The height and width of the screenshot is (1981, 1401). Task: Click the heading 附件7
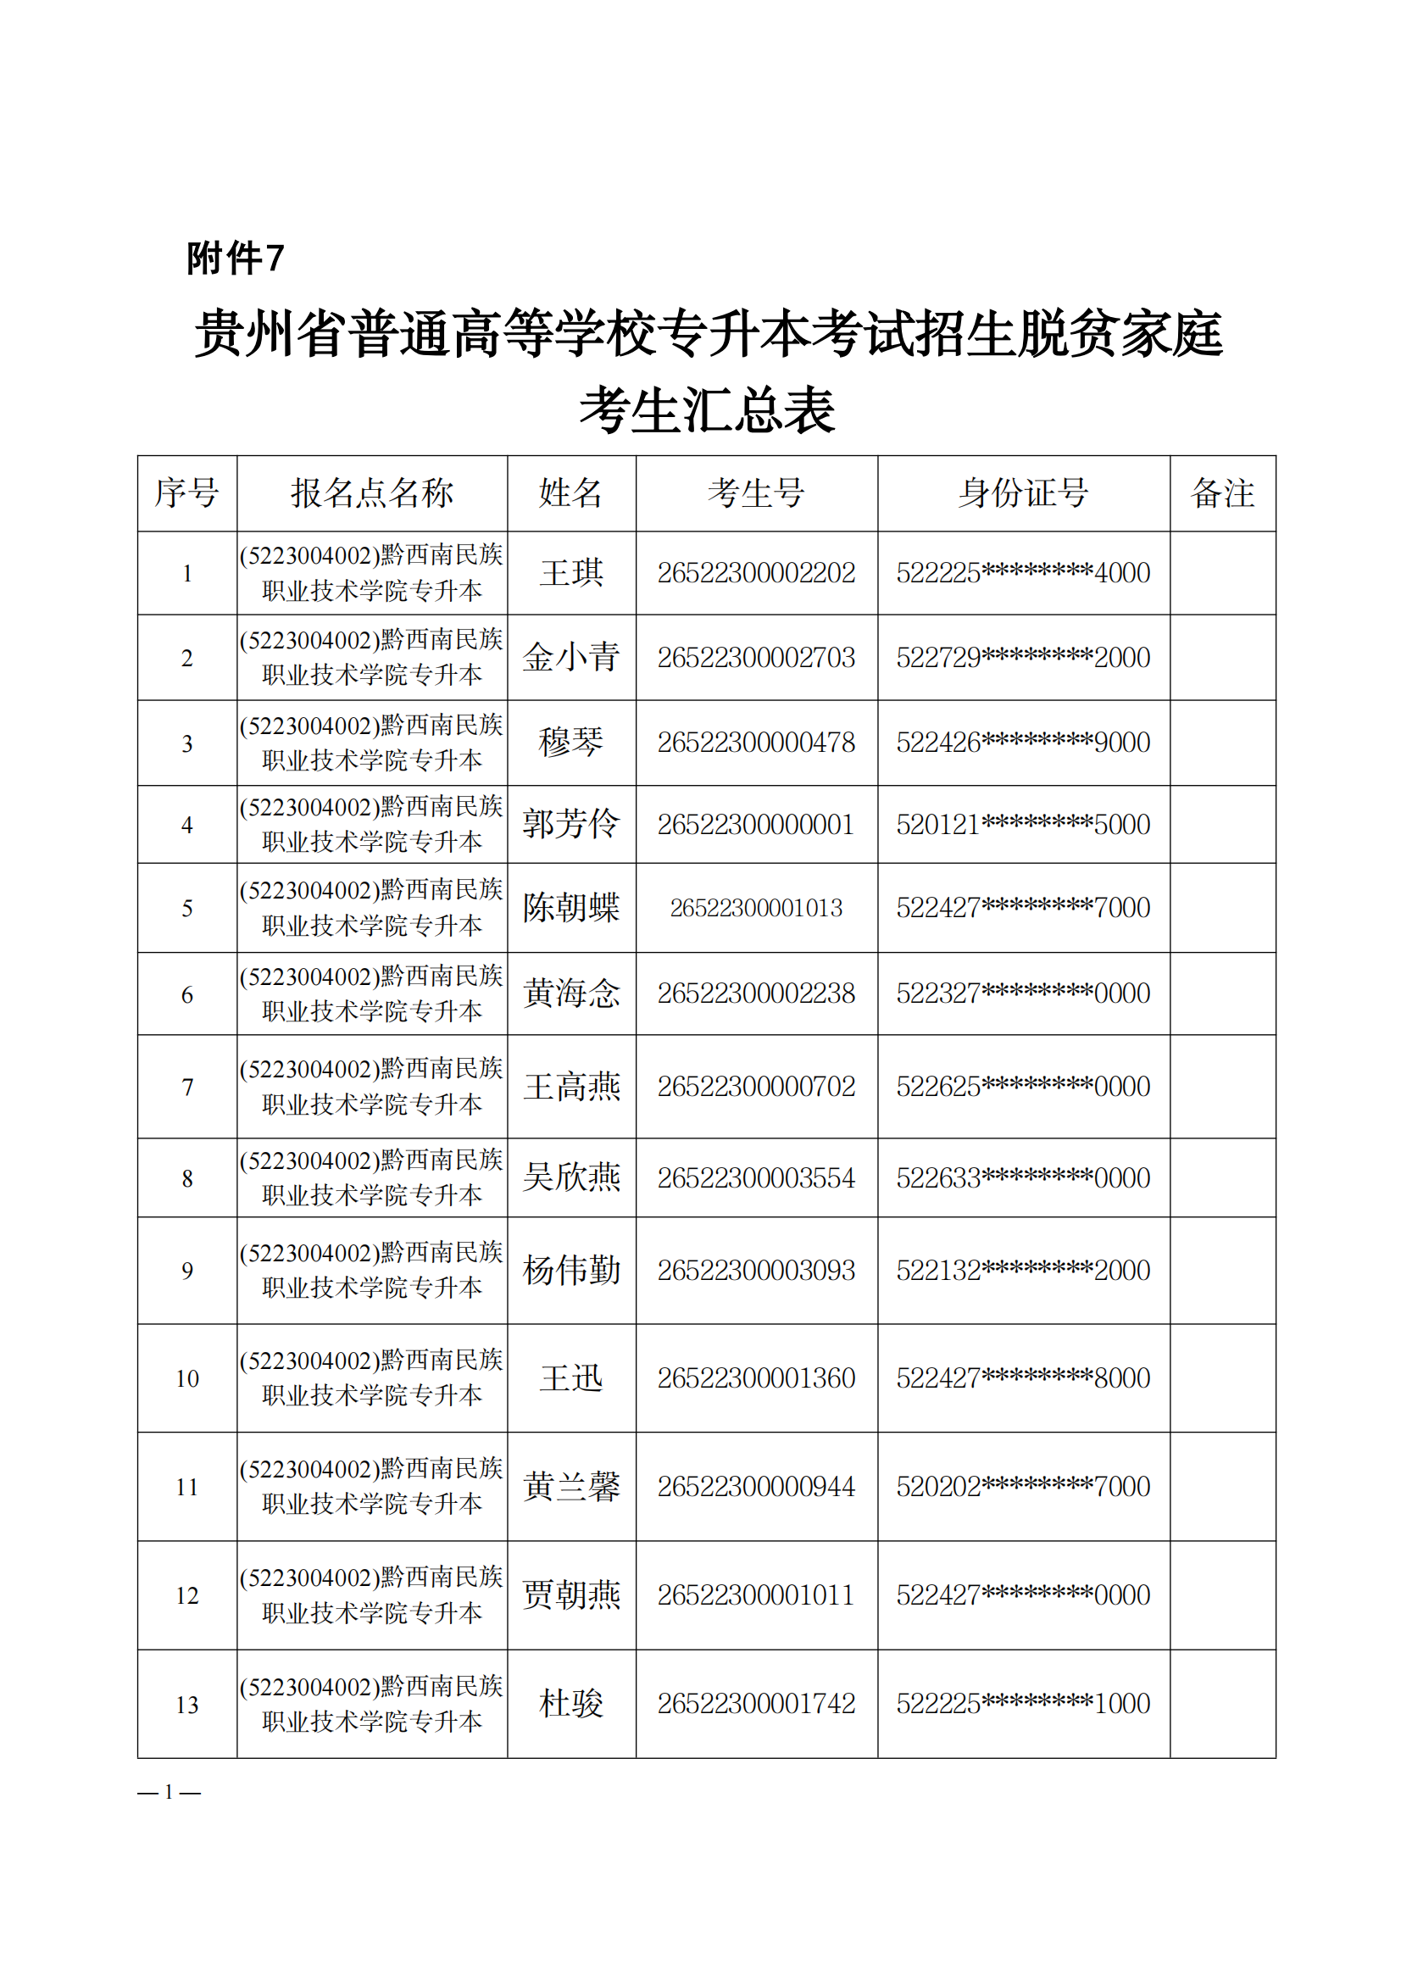point(235,258)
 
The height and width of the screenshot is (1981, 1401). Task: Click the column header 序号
point(186,492)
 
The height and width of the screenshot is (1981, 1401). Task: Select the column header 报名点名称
point(372,492)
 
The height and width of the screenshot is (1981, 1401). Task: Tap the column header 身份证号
point(1023,492)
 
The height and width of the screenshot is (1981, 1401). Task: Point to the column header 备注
point(1221,492)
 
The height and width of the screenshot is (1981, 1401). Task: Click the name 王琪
point(571,573)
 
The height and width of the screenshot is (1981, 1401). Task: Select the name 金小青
point(571,658)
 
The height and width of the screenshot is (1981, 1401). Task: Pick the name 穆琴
point(571,742)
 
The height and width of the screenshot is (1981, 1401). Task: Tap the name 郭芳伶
point(571,824)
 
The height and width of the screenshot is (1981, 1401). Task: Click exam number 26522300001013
point(756,908)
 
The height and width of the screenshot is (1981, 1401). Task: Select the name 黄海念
point(571,993)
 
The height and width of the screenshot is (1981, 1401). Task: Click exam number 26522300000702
point(756,1086)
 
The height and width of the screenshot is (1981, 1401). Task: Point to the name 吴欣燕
point(571,1177)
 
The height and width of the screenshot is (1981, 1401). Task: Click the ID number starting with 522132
point(1023,1270)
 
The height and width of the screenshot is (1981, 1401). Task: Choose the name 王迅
point(571,1378)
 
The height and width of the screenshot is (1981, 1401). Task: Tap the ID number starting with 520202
point(1023,1487)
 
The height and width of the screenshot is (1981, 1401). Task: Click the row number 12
point(187,1596)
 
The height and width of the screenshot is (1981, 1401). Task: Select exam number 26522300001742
point(756,1704)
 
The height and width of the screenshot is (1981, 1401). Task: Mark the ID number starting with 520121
point(1023,825)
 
